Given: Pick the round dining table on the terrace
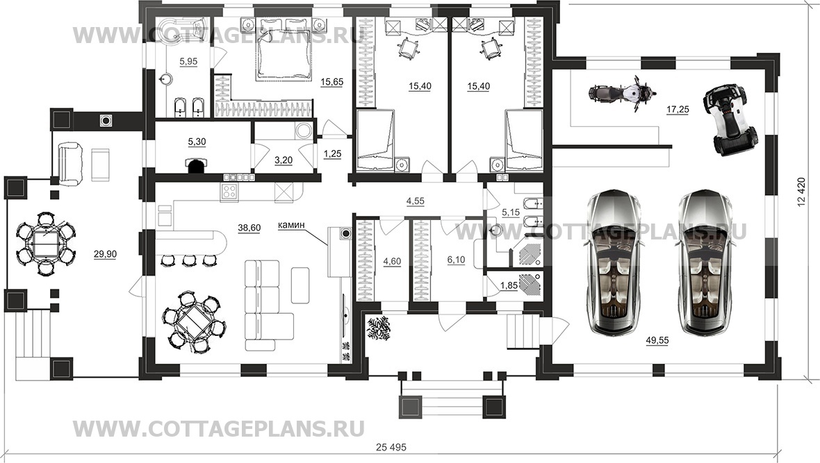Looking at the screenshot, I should pyautogui.click(x=47, y=242).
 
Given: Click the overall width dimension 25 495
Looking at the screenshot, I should pyautogui.click(x=389, y=444).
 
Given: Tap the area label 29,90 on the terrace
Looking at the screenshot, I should pyautogui.click(x=105, y=255).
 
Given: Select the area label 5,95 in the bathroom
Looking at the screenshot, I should pyautogui.click(x=188, y=62).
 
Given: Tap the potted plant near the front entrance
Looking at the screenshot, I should pyautogui.click(x=379, y=327).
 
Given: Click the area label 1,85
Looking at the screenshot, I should pyautogui.click(x=509, y=285).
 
